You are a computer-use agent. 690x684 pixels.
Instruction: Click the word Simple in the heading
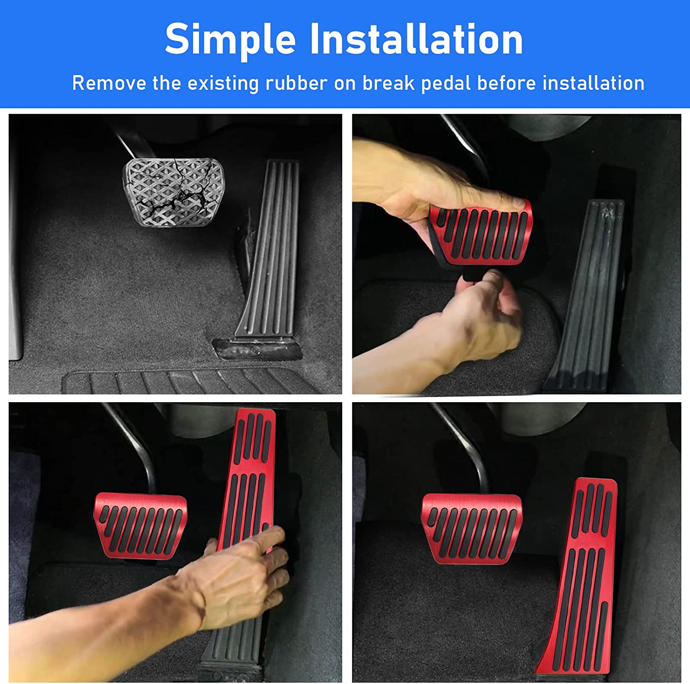230,39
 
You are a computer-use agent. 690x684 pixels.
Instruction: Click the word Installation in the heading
416,39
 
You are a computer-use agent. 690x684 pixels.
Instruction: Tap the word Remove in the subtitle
109,83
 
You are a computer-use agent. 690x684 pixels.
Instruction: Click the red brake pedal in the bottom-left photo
140,525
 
